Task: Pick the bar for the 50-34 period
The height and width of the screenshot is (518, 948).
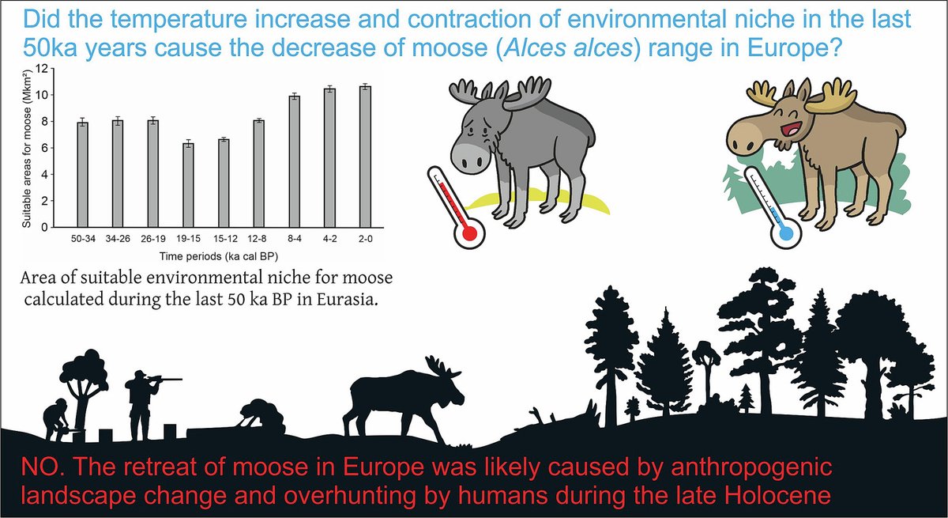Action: coord(82,174)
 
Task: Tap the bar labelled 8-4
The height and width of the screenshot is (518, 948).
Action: coord(295,161)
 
